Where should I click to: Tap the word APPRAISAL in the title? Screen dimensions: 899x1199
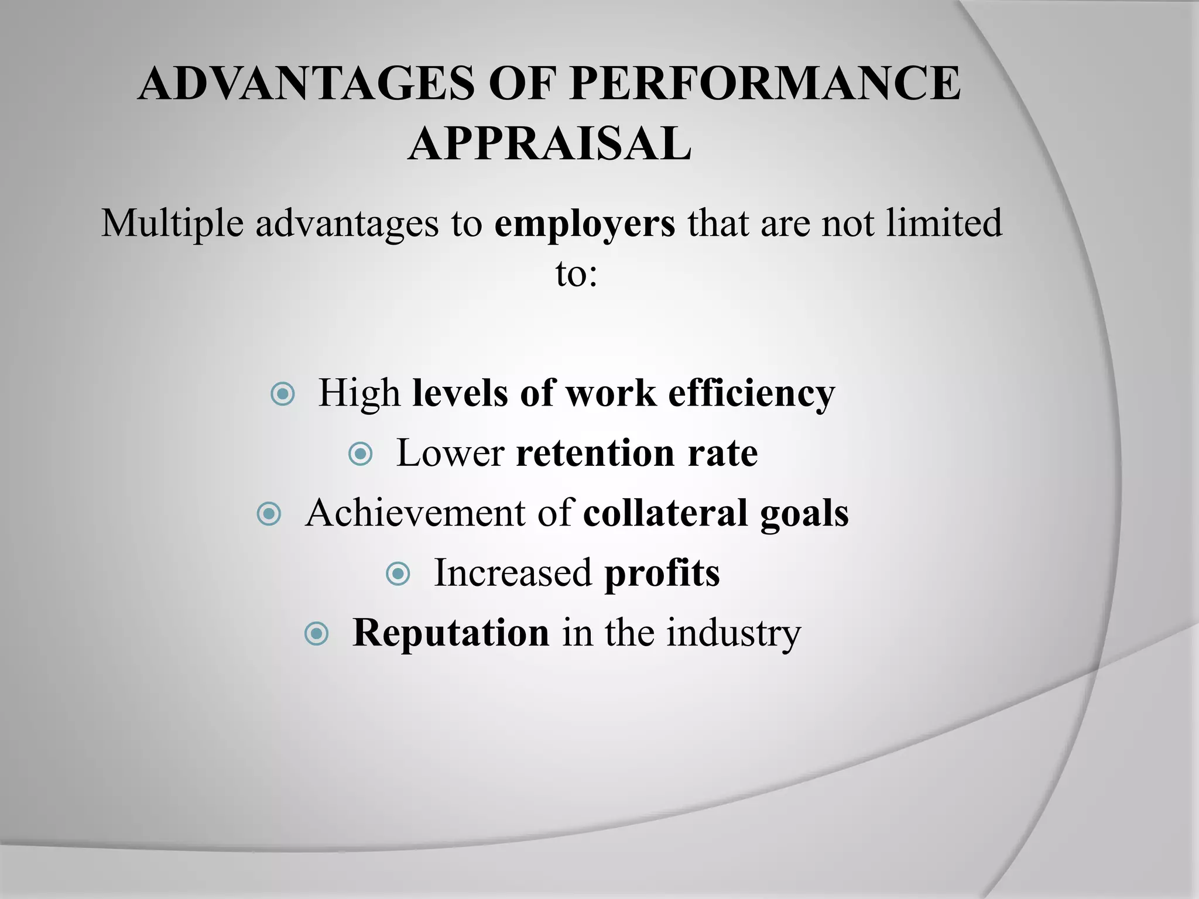tap(550, 144)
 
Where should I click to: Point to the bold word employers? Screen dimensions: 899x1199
tap(584, 224)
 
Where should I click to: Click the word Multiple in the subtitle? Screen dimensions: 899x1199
tap(172, 224)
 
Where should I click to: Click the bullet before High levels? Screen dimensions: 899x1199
tap(283, 394)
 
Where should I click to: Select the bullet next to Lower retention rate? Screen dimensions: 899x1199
tap(360, 454)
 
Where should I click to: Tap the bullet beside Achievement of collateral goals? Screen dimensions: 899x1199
tap(269, 514)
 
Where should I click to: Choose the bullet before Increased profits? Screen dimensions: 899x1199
tap(398, 574)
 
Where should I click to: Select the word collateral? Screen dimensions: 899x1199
tap(665, 513)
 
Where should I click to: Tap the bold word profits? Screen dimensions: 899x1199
tap(662, 574)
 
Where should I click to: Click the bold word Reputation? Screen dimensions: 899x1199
tap(451, 633)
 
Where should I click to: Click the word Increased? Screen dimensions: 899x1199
tap(512, 574)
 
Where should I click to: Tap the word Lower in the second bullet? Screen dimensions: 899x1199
tap(450, 454)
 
